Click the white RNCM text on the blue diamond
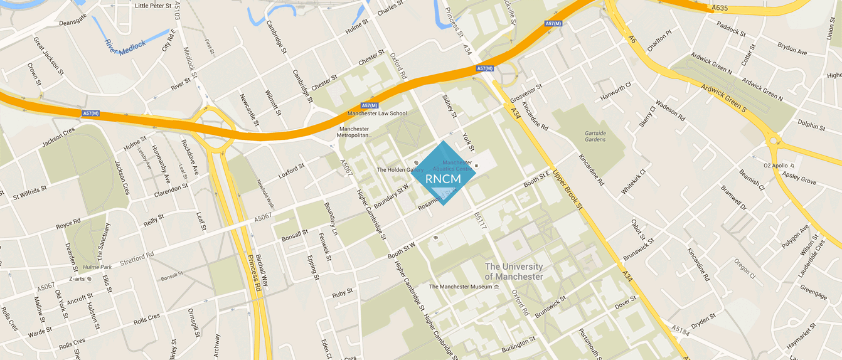[x=443, y=179]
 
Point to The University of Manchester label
[x=514, y=272]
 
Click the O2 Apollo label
[x=775, y=166]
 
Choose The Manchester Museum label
[x=460, y=287]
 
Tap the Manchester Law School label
[x=377, y=114]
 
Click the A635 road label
[x=720, y=8]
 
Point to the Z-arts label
[x=77, y=278]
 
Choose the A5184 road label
[x=680, y=329]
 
